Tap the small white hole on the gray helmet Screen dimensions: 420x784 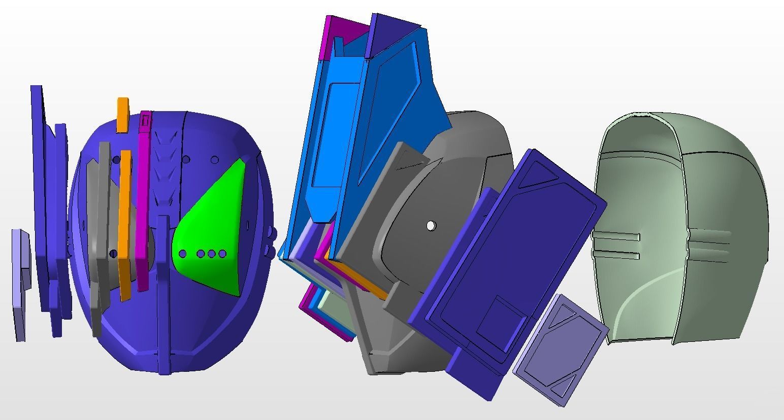[x=431, y=225]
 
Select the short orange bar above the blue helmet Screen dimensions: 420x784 [x=122, y=115]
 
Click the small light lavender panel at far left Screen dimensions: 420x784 [x=20, y=284]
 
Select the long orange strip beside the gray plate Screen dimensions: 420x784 [x=124, y=223]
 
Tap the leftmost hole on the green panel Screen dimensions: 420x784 [x=183, y=254]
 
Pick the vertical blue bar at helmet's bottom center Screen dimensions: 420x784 [x=163, y=294]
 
